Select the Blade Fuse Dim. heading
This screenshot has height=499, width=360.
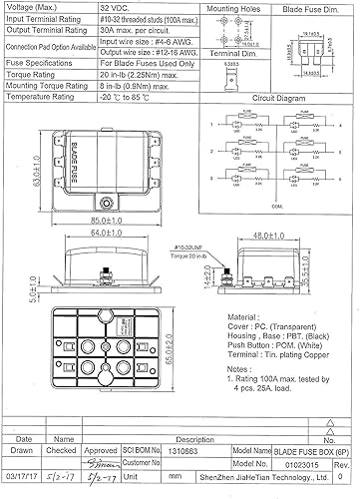click(314, 8)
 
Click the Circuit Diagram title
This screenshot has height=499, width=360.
click(279, 100)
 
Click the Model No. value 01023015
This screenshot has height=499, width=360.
click(284, 463)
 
